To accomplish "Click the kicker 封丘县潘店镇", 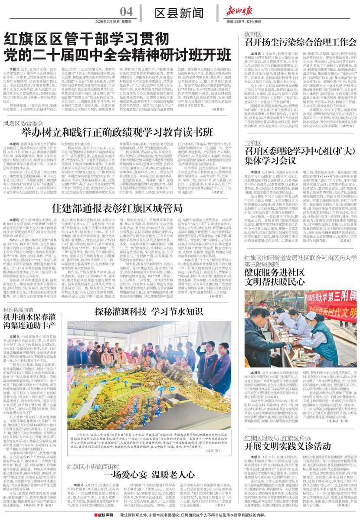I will click(19, 298).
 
